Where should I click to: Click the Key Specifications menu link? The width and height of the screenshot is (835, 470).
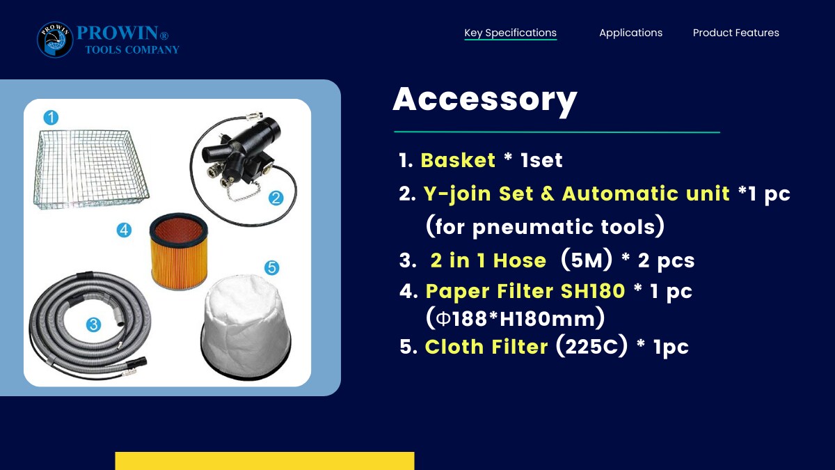click(510, 33)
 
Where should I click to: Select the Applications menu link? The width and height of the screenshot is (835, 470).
click(630, 33)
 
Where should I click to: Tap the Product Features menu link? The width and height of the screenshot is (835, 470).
click(736, 33)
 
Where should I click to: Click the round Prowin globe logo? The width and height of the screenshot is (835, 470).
click(55, 40)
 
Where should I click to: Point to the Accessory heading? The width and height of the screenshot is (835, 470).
click(485, 100)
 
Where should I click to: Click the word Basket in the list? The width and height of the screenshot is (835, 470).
click(458, 160)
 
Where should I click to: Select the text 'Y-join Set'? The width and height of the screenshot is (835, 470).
click(478, 194)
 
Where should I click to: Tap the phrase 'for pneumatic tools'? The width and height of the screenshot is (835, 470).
click(545, 227)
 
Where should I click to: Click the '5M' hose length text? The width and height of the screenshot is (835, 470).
click(587, 260)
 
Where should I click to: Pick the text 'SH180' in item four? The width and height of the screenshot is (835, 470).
click(593, 291)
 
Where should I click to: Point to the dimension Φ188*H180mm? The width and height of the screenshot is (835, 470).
click(515, 319)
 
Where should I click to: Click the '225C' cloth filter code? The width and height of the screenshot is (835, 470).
click(591, 347)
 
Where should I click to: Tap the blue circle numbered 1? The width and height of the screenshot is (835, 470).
click(51, 118)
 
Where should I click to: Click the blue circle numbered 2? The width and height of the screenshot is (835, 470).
click(276, 198)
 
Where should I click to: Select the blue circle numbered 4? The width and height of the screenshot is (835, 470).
click(124, 230)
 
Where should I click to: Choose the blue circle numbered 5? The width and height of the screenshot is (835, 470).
click(272, 268)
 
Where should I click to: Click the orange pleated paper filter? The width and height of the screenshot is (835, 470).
click(179, 251)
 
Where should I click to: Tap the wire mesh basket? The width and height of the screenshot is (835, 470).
click(92, 169)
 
